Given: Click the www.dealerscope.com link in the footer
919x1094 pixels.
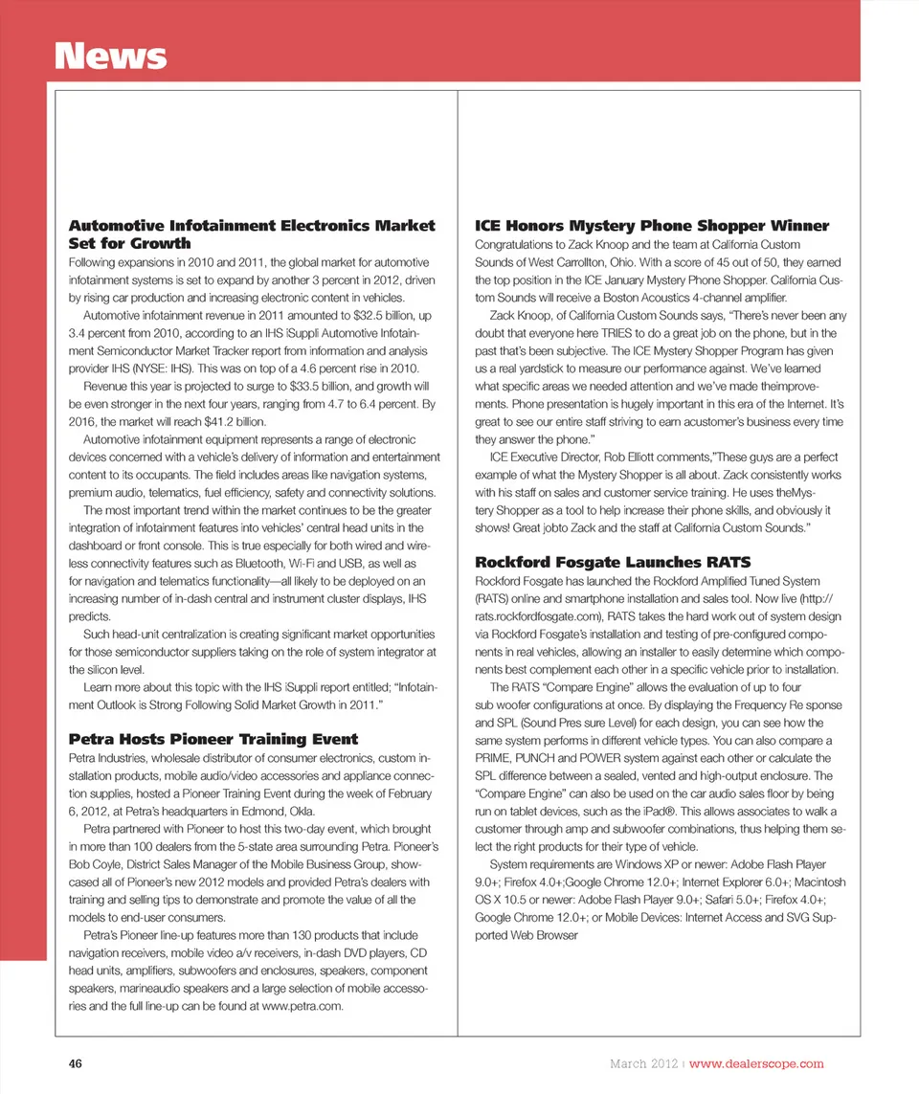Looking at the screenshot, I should click(x=756, y=1063).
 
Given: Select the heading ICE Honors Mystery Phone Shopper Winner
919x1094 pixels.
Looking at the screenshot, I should click(x=652, y=226).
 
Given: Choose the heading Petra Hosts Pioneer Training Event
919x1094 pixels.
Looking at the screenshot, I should click(x=213, y=739).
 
